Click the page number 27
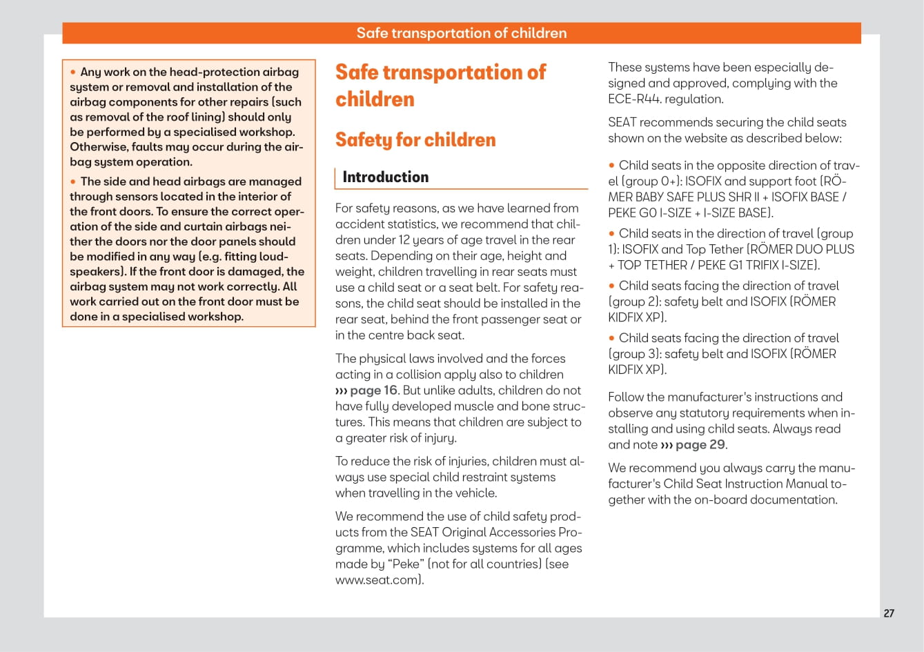click(889, 613)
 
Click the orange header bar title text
click(461, 33)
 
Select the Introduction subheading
click(385, 177)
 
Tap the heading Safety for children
click(415, 140)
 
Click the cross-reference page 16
click(373, 391)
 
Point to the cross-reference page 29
click(700, 445)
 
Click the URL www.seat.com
click(377, 580)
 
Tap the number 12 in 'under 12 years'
click(406, 240)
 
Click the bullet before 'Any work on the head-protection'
click(73, 72)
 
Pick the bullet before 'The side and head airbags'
click(73, 182)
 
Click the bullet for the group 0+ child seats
click(611, 166)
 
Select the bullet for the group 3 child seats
click(611, 338)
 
